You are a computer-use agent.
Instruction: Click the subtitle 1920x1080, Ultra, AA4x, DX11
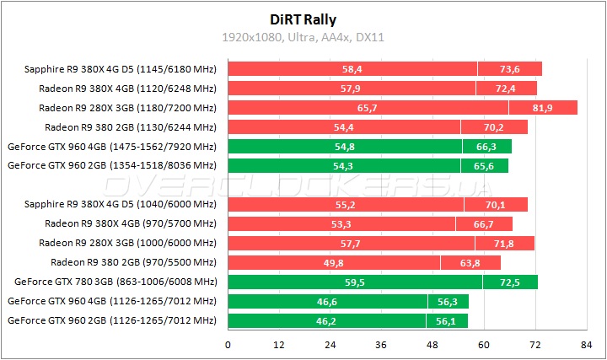click(303, 38)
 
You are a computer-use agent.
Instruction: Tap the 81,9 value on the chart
click(543, 108)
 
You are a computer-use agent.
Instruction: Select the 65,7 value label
click(367, 108)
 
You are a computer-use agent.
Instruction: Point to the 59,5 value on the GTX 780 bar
click(355, 282)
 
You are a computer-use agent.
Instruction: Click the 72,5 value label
click(509, 282)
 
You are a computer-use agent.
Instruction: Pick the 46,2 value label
click(326, 320)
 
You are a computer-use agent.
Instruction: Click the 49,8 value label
click(334, 262)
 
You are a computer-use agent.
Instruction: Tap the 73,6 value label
click(509, 69)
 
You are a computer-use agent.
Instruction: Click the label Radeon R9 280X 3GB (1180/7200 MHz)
click(127, 108)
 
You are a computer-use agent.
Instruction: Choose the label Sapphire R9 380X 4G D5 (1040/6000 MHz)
click(120, 204)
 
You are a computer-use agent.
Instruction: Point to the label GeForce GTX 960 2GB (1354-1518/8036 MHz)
click(111, 165)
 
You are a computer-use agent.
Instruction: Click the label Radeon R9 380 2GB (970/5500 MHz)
click(133, 262)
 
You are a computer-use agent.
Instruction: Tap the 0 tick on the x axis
click(228, 345)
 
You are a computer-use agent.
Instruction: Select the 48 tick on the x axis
click(432, 345)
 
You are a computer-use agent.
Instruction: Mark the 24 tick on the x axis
click(330, 345)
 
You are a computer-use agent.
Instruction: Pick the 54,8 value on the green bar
click(345, 147)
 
